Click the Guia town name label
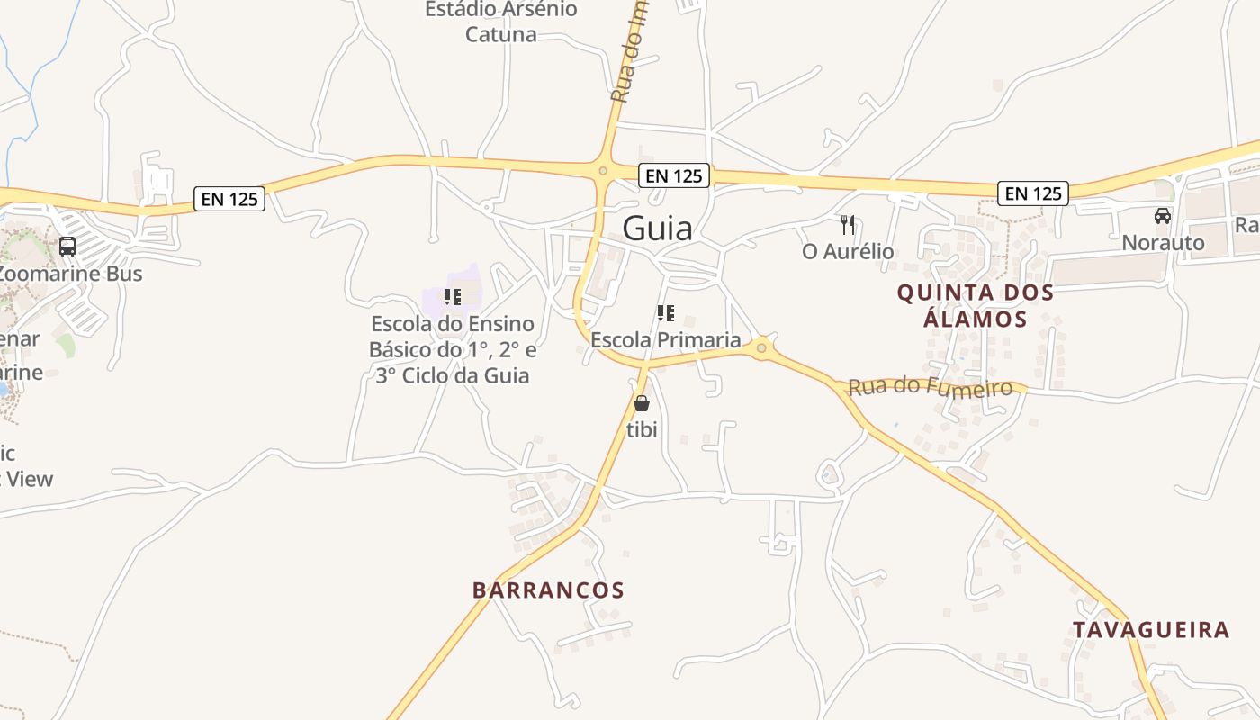(658, 229)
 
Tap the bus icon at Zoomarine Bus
(67, 247)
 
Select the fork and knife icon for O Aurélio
(847, 225)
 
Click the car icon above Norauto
(1163, 216)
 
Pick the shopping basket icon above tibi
(642, 403)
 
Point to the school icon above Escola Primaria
(666, 313)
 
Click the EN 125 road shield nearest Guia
(674, 176)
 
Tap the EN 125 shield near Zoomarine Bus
(229, 199)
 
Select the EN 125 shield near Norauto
(1032, 193)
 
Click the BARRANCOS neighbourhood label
(548, 590)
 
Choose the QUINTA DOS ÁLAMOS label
(975, 305)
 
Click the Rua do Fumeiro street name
(930, 388)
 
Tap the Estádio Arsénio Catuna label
(501, 22)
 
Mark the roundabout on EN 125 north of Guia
(603, 170)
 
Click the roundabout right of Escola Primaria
(762, 347)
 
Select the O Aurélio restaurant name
(848, 251)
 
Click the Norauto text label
(1163, 243)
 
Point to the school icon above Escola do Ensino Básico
(453, 296)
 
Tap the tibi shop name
(642, 430)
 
